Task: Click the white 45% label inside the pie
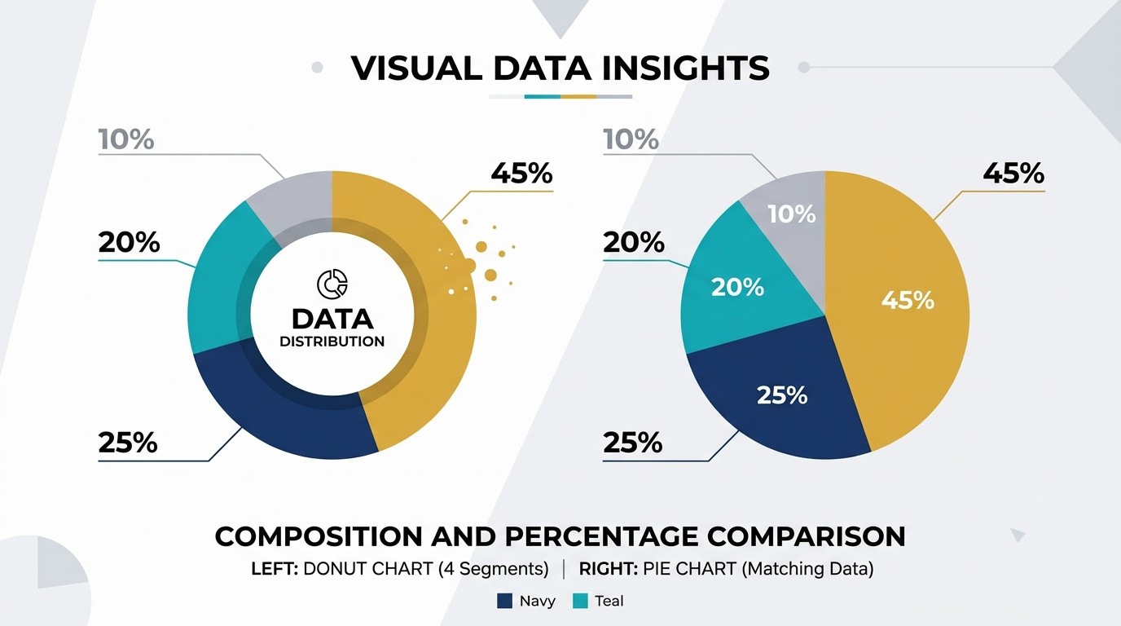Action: (908, 301)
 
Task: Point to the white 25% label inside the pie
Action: (782, 395)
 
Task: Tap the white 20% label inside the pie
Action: (737, 288)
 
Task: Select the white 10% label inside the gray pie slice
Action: (792, 214)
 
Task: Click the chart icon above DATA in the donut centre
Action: (332, 284)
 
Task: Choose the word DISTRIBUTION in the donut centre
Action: (332, 342)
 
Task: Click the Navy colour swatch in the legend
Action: (504, 601)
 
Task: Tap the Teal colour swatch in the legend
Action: (580, 601)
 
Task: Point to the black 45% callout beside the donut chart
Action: (522, 174)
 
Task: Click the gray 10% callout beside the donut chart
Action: (126, 139)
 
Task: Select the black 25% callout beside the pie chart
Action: (632, 443)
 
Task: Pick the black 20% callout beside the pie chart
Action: (634, 242)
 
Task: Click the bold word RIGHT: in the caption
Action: (608, 569)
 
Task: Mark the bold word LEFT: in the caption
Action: (275, 569)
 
